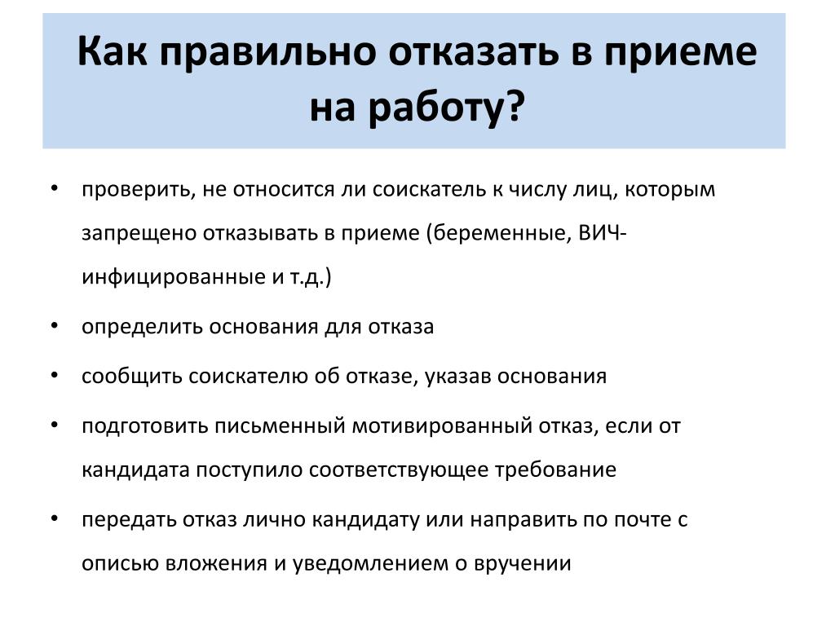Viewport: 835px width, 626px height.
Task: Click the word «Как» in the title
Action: tap(112, 51)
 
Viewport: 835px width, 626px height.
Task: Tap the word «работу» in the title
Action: tap(435, 108)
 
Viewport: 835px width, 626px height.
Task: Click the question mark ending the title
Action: tap(515, 105)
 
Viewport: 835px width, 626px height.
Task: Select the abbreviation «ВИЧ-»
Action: tap(603, 233)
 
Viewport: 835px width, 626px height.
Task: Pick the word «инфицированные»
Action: tap(173, 277)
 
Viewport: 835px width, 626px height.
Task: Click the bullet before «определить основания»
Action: tap(55, 325)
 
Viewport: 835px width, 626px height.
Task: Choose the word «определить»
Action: tap(142, 328)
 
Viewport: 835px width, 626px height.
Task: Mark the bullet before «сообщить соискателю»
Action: tap(55, 375)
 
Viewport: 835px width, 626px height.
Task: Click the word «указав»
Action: tap(458, 377)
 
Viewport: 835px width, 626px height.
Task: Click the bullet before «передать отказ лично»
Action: tap(55, 518)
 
